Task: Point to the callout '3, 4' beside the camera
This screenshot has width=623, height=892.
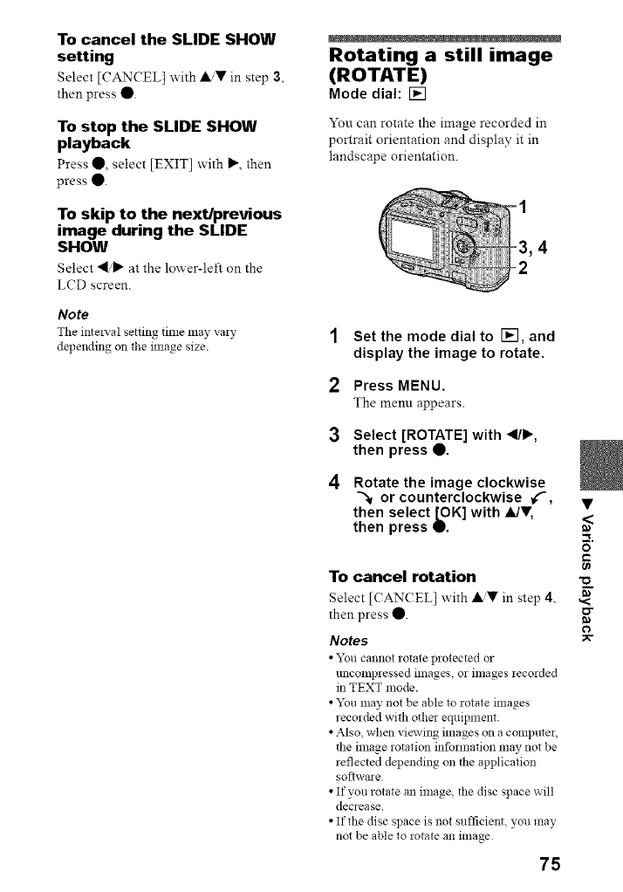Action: pyautogui.click(x=531, y=247)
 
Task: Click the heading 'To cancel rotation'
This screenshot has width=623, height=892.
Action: pyautogui.click(x=402, y=576)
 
